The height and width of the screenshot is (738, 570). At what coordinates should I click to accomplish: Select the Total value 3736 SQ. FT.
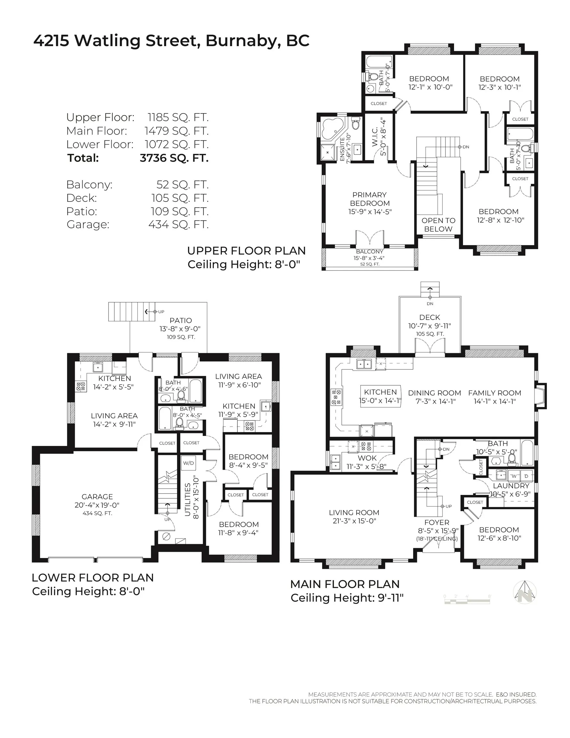pos(174,158)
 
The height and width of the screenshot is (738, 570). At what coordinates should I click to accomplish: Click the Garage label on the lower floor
pos(97,496)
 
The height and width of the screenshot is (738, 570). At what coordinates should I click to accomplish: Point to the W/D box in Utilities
pos(189,463)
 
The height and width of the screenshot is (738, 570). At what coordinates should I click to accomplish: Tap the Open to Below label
pos(438,225)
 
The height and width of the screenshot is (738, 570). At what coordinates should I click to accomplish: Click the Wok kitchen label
pos(367,458)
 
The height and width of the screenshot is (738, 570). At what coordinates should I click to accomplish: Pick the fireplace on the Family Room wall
pos(541,396)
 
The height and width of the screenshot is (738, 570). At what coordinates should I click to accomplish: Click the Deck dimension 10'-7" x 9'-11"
pos(429,326)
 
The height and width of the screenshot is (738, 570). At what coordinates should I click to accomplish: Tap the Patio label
pos(181,320)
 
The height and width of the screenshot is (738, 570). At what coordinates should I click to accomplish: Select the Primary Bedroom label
pos(370,199)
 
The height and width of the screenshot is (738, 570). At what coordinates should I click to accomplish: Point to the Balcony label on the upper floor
pos(370,252)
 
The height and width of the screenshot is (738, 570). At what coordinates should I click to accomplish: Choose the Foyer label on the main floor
pos(437,522)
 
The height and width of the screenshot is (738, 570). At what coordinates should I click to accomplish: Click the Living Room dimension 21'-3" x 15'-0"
pos(354,521)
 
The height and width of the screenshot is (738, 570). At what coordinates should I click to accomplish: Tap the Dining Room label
pos(435,393)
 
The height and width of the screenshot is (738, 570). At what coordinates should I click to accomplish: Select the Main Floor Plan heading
pos(345,584)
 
